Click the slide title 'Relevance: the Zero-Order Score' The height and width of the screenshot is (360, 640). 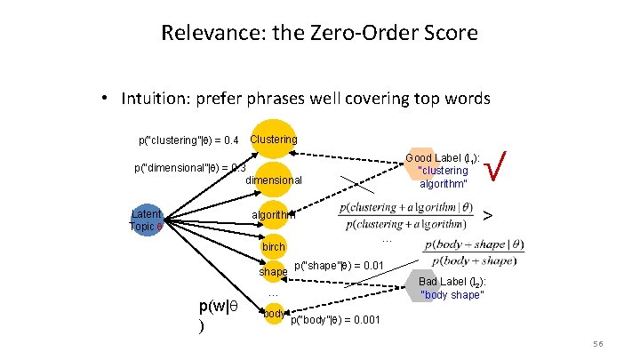tap(319, 34)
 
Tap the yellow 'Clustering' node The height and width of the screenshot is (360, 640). tap(275, 140)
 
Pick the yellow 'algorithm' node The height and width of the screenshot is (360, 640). tap(275, 215)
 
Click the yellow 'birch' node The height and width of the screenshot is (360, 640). tap(275, 246)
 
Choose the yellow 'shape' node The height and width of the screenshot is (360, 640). tap(274, 270)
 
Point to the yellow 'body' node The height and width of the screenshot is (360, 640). tap(274, 314)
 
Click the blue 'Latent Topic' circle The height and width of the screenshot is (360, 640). tap(148, 220)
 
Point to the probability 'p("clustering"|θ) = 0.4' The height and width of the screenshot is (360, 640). tap(188, 140)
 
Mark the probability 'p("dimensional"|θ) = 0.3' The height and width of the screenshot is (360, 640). tap(188, 167)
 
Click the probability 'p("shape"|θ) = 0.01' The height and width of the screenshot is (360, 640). tap(339, 265)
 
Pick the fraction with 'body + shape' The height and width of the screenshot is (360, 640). tap(472, 252)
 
